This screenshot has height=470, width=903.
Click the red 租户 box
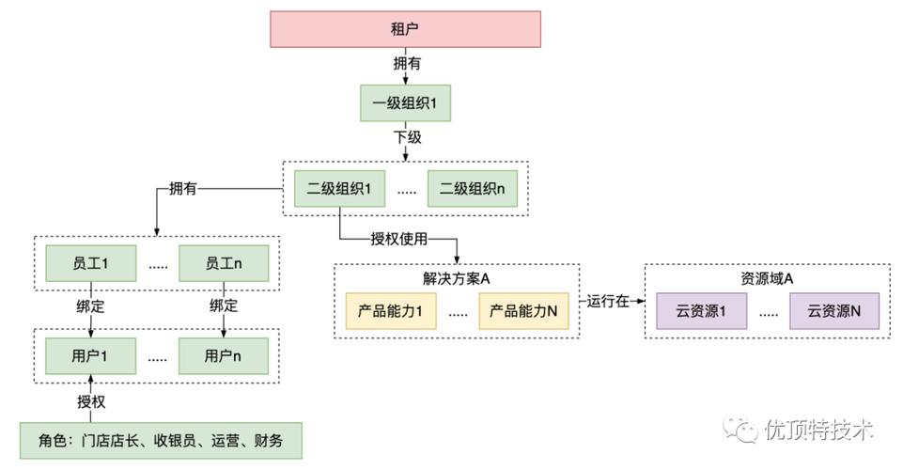405,29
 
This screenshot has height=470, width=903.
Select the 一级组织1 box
405,102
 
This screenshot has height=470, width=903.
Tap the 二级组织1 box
339,188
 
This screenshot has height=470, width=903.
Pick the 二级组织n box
471,188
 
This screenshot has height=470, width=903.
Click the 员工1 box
91,263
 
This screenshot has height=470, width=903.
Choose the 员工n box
224,263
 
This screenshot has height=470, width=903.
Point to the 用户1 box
91,356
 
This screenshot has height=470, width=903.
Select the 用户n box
224,356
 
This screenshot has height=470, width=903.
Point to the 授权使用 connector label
400,238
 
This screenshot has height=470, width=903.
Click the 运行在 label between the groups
608,302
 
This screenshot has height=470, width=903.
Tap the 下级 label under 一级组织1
406,137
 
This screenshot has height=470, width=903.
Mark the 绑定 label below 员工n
224,306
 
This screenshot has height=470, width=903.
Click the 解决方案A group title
458,279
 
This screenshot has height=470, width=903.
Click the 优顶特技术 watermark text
818,430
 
